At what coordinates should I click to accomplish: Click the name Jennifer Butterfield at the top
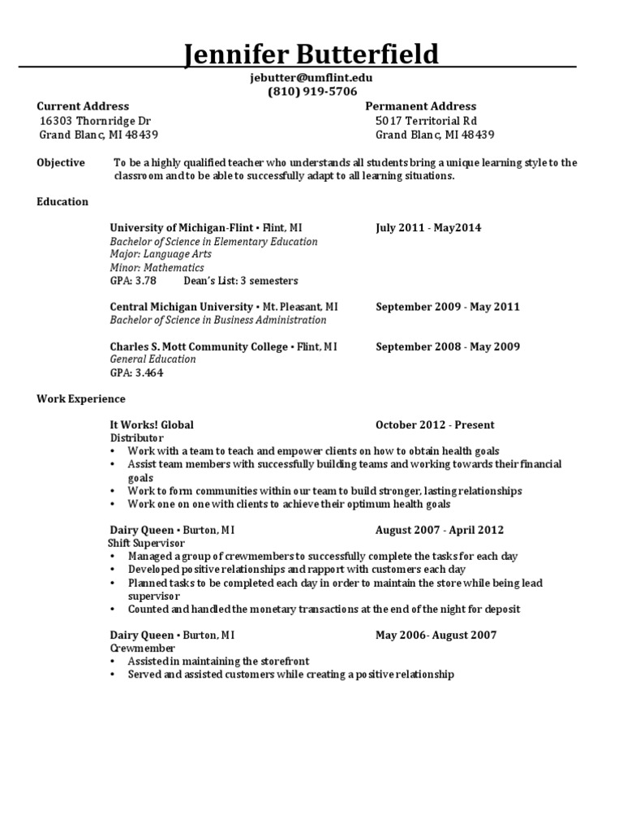coord(311,55)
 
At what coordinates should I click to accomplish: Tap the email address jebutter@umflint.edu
coord(311,78)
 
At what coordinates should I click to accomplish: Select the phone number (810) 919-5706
coord(311,92)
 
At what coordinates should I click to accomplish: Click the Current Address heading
coord(83,106)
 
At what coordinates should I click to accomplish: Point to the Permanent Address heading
coord(420,106)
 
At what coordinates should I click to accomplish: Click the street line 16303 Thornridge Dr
coord(96,121)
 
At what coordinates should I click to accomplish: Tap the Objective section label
coord(61,162)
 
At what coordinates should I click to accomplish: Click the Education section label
coord(62,201)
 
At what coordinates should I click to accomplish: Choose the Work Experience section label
coord(81,398)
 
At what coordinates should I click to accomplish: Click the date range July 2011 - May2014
coord(428,228)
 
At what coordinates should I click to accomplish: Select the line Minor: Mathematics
coord(157,268)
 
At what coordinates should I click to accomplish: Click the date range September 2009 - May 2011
coord(448,307)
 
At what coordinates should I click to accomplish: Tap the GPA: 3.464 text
coord(136,372)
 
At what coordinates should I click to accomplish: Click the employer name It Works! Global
coord(152,424)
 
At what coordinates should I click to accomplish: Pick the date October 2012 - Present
coord(435,424)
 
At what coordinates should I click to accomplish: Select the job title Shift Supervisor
coord(146,543)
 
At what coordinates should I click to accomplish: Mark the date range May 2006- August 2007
coord(436,635)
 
